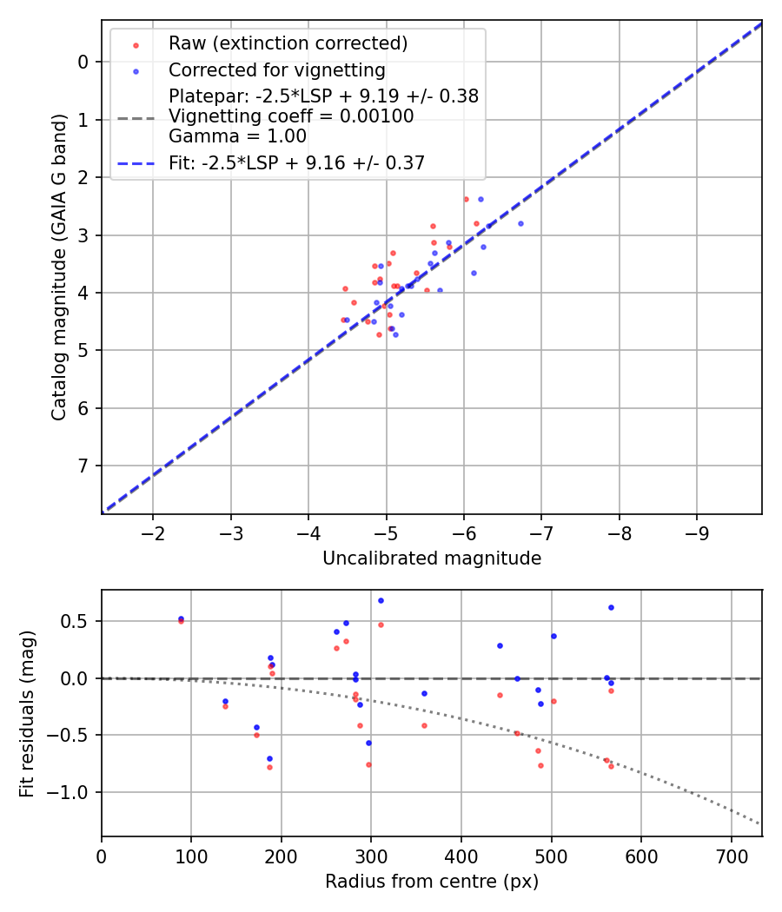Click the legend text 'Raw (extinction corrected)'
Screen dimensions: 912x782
coord(288,43)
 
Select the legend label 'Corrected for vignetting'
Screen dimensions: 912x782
coord(276,69)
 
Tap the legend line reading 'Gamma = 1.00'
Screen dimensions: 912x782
coord(237,136)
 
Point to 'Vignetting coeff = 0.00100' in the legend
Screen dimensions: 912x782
coord(291,116)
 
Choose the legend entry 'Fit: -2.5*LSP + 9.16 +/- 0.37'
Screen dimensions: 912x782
coord(296,162)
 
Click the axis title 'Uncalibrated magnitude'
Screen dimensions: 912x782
coord(432,558)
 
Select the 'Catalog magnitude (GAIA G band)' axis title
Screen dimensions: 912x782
coord(59,309)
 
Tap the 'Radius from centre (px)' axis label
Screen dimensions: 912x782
coord(432,882)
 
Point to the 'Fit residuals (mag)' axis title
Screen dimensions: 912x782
coord(27,713)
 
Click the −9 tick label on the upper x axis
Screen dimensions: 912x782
coord(696,532)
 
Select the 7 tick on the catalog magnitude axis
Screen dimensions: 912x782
coord(83,466)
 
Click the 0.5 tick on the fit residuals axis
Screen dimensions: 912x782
coord(77,621)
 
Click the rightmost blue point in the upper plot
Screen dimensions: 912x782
coord(520,223)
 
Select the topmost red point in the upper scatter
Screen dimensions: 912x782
coord(466,199)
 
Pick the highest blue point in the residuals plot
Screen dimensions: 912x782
coord(381,600)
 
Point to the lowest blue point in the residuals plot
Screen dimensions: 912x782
coord(269,758)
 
